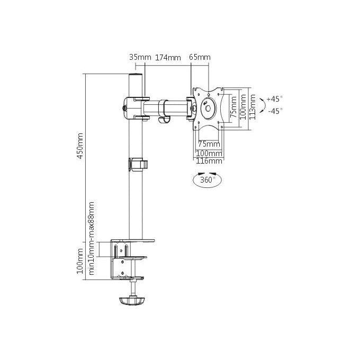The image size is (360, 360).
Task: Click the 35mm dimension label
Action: coord(140,57)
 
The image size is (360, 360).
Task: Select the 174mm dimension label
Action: coord(168,57)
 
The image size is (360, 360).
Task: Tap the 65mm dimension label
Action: coord(200,57)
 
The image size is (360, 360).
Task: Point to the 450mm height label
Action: coord(80,146)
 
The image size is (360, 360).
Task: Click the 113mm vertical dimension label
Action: coord(253,107)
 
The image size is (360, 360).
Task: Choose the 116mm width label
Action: coord(209,161)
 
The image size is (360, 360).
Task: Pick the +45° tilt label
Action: coord(275,99)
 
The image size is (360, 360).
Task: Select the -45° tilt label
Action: coord(275,111)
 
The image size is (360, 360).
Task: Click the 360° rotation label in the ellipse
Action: coord(208,179)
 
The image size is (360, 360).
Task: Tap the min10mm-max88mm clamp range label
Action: coord(92,238)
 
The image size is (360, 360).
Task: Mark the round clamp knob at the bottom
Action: coord(132,301)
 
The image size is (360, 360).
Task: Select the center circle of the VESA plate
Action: coord(208,108)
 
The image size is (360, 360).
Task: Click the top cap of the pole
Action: coord(136,75)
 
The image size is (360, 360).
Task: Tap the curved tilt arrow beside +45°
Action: coord(263,105)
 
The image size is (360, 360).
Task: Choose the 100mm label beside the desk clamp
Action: coord(80,261)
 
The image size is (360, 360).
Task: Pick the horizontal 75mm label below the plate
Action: coord(209,144)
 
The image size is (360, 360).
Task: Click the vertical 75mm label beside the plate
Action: coord(233,107)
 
